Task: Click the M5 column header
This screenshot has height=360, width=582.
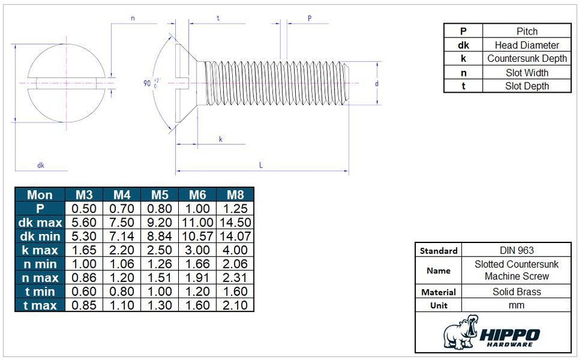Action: [x=159, y=195]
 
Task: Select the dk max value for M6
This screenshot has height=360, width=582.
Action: [x=198, y=222]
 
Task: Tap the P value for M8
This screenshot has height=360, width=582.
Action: [x=235, y=208]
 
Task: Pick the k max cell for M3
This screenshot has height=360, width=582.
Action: [x=84, y=250]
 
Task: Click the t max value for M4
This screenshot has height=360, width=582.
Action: [x=122, y=305]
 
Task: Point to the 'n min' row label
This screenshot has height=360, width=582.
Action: [x=41, y=264]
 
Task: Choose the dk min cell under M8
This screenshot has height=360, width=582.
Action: [x=235, y=236]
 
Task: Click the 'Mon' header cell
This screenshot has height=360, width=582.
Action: [x=41, y=195]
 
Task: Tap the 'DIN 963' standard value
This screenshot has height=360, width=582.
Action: [x=517, y=250]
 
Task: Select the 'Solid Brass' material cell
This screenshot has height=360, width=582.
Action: [x=517, y=292]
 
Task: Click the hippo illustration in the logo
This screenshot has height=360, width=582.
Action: [x=459, y=333]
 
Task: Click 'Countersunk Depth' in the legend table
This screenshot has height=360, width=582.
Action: [x=527, y=59]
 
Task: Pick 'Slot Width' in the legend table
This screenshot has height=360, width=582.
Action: [x=527, y=73]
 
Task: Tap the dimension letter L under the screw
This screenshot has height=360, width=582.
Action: [x=261, y=165]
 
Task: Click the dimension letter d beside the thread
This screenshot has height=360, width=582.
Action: [x=377, y=84]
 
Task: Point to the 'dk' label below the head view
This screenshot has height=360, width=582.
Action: [x=41, y=165]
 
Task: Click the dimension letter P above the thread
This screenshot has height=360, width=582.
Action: [x=309, y=19]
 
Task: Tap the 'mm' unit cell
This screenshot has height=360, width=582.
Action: [x=517, y=305]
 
